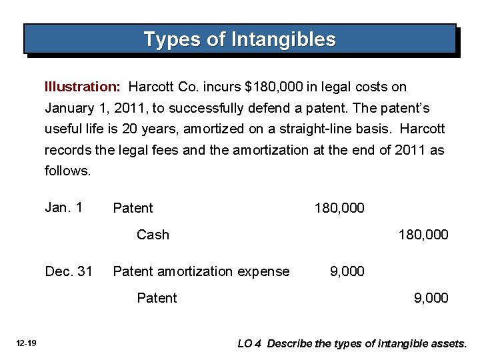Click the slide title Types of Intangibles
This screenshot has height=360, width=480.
click(239, 39)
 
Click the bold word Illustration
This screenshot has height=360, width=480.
click(82, 87)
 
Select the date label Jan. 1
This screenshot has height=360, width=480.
click(63, 207)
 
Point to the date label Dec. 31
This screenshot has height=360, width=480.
click(68, 271)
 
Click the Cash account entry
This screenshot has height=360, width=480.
click(153, 235)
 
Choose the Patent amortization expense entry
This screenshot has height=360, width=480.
click(201, 271)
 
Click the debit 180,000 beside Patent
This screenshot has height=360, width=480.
click(339, 208)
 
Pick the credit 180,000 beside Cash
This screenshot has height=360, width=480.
click(423, 235)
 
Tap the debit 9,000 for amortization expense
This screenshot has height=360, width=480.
click(347, 271)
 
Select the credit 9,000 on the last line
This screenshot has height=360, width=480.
click(431, 298)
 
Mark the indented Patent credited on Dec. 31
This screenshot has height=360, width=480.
click(157, 298)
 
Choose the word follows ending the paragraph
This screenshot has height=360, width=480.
click(67, 171)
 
